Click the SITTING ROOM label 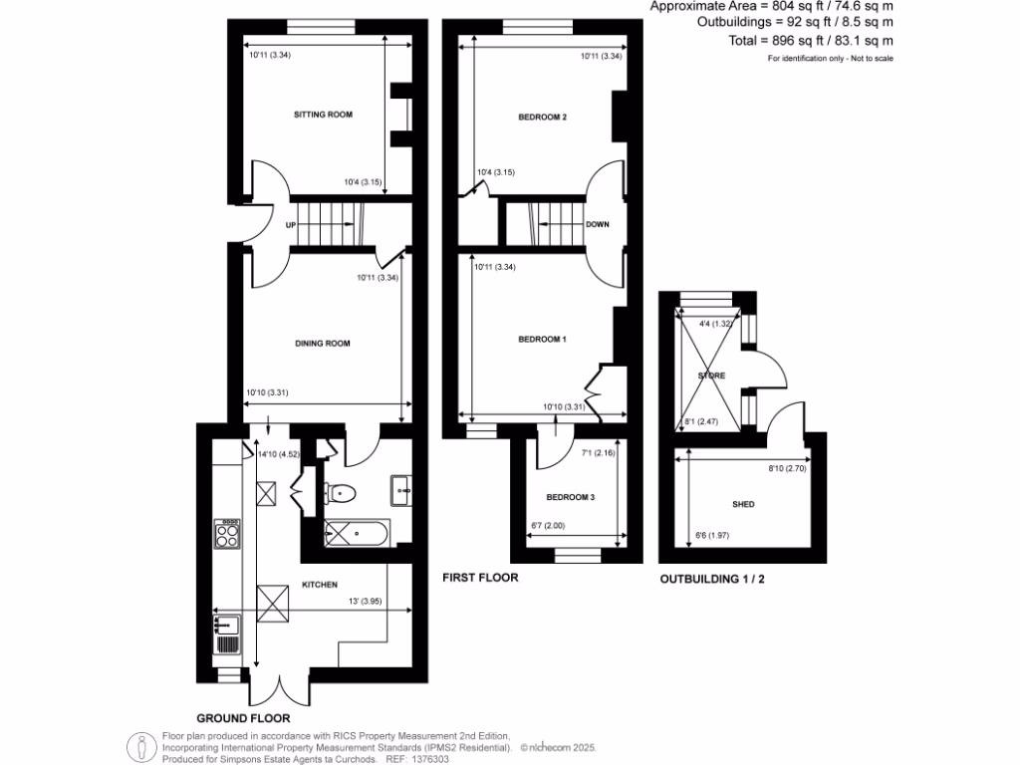pos(323,115)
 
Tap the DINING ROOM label pos(322,344)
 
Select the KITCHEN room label pos(321,584)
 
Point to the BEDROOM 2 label pos(542,118)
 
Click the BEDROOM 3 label pos(570,497)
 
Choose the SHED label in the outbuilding pos(743,505)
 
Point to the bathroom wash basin pos(403,487)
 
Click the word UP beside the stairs pos(291,225)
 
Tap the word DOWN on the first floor pos(597,225)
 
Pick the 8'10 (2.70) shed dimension pos(784,466)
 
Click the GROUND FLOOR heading pos(243,717)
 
